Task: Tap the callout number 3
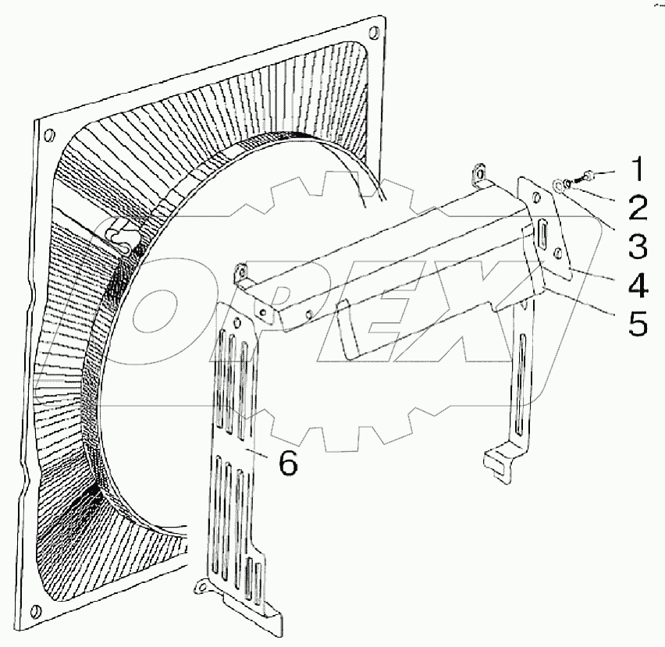638,247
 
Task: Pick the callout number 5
638,323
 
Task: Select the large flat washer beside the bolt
559,186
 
